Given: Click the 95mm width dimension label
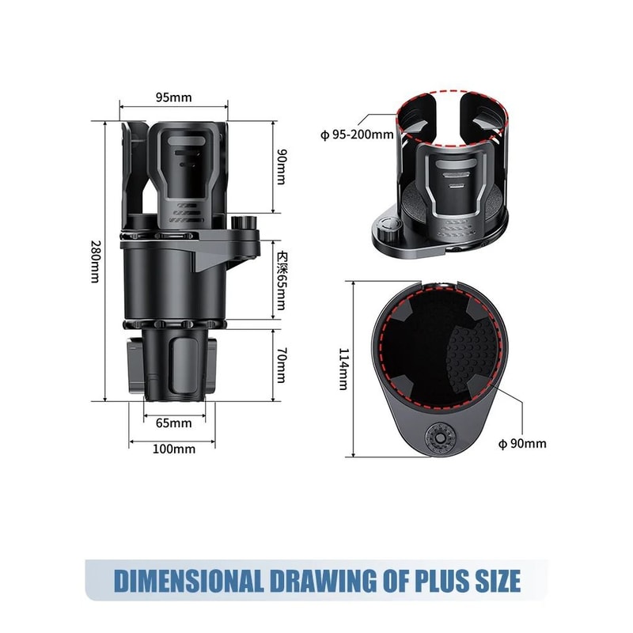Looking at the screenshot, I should click(173, 97).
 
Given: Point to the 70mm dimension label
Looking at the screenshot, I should click(280, 365).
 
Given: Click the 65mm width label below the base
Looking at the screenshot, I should click(173, 423).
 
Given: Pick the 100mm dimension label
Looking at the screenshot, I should click(173, 449).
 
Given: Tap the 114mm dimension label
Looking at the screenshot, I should click(343, 369).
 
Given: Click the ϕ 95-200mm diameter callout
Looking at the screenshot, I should click(357, 134).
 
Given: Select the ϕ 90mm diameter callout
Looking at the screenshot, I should click(522, 443).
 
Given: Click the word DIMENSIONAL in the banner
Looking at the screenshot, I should click(188, 580).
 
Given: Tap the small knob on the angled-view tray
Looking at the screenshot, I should click(387, 233).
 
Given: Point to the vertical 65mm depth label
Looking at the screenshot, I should click(280, 281).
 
